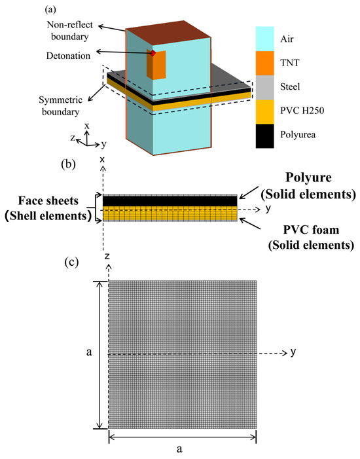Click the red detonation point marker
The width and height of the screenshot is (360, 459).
click(x=153, y=53)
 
